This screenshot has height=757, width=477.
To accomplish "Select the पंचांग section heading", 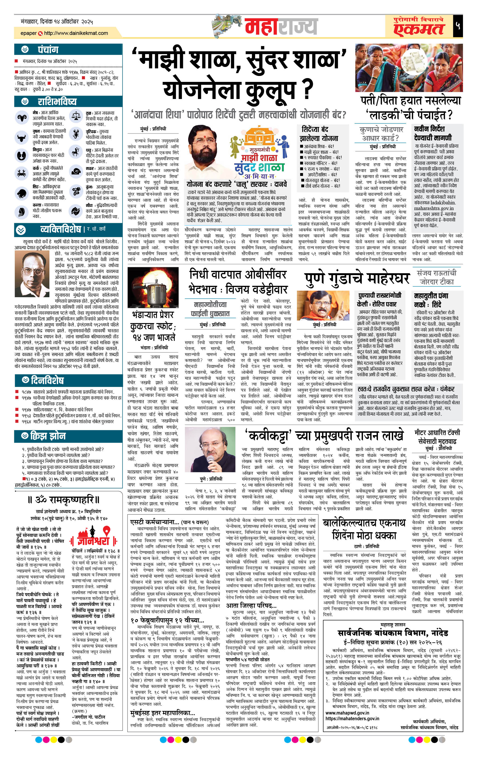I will [48, 50].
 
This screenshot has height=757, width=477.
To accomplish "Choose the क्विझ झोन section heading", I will [48, 436].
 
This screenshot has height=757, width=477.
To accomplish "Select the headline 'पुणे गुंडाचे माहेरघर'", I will [357, 278].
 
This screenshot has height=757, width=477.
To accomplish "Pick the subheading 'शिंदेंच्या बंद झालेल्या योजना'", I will [319, 134].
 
